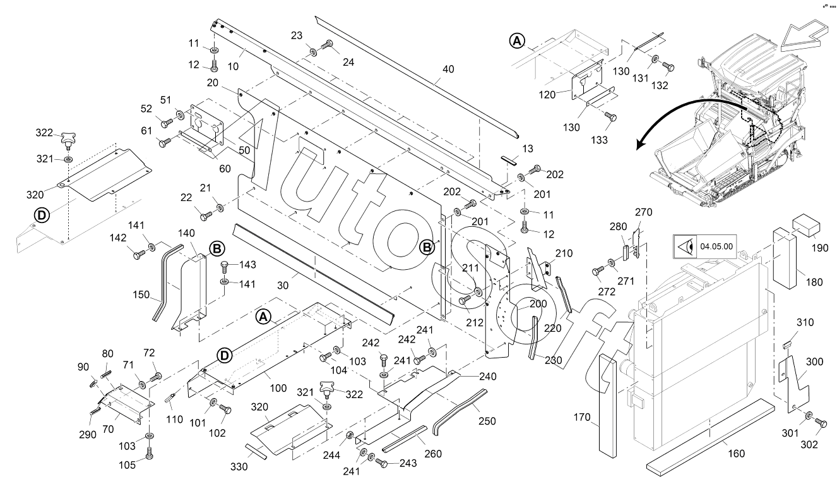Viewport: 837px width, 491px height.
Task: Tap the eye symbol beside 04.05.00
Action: [x=684, y=246]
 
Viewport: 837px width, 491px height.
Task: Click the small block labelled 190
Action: [x=807, y=222]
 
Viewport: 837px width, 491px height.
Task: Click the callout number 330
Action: [x=238, y=467]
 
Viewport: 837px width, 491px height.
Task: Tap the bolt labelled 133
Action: [x=609, y=116]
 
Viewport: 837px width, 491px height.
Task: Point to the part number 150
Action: [x=142, y=295]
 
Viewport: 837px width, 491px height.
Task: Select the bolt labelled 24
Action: [x=329, y=44]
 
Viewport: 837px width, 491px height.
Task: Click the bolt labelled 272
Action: [x=597, y=271]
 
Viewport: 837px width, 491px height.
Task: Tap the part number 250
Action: [x=487, y=421]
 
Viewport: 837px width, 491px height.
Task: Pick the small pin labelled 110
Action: [x=170, y=399]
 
